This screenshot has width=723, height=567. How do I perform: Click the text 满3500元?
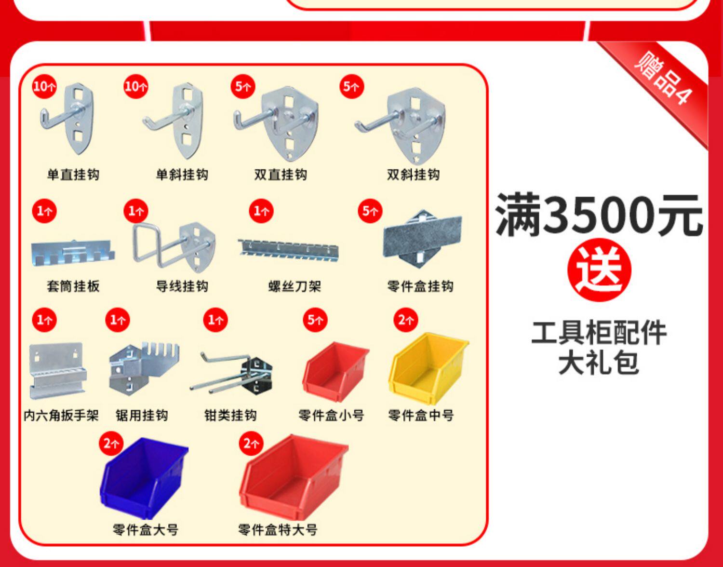(599, 215)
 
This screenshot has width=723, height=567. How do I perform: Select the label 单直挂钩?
(73, 175)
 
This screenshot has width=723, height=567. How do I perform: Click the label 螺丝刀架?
(295, 286)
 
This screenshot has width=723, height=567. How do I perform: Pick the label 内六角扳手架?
(61, 415)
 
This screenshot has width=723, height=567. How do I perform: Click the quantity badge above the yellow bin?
(405, 320)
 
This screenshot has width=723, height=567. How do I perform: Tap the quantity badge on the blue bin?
(111, 443)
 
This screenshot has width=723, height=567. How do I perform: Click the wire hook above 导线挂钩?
(174, 246)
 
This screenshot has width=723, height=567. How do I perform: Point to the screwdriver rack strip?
(289, 250)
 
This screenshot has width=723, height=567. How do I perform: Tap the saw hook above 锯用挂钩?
(143, 368)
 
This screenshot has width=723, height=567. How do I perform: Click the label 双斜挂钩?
(413, 175)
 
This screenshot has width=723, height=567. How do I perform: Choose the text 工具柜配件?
(599, 333)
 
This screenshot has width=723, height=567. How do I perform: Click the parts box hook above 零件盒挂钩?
(422, 239)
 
